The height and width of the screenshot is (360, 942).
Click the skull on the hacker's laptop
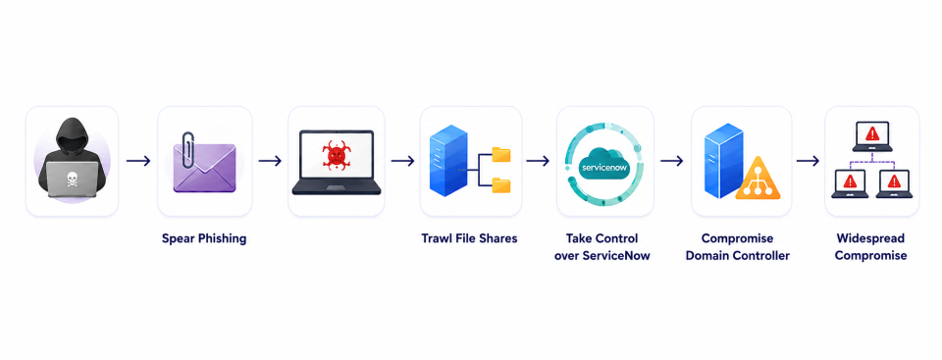[x=72, y=178]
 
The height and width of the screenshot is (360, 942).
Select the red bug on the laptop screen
[x=336, y=157]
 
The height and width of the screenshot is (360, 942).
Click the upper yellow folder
[x=500, y=154]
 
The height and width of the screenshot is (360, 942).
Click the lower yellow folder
[x=500, y=185]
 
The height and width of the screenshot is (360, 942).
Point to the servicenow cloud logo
[x=605, y=162]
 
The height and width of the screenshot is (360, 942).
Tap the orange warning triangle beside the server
[x=758, y=179]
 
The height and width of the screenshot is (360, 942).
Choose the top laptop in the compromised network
[x=871, y=136]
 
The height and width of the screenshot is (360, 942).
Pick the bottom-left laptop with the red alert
[x=850, y=183]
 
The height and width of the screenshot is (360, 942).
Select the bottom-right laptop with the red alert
[x=894, y=183]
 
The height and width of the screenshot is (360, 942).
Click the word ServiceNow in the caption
[x=618, y=256]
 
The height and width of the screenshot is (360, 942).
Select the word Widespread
[x=870, y=238]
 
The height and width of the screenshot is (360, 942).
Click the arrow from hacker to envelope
[x=138, y=161]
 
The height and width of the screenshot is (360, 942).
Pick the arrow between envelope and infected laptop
[x=271, y=161]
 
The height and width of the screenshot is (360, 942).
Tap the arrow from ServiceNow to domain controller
[x=671, y=161]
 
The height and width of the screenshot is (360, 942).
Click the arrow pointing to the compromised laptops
[x=808, y=161]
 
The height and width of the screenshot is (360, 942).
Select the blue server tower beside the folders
[x=448, y=161]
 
